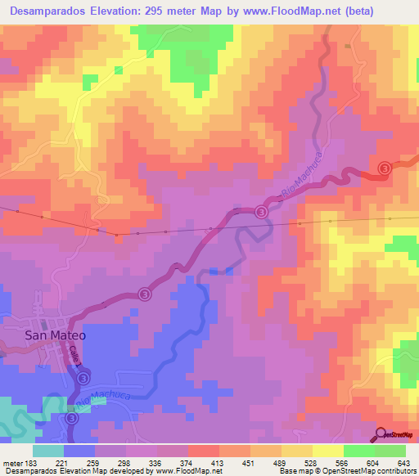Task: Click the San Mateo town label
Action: (56, 335)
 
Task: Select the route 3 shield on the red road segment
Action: (385, 168)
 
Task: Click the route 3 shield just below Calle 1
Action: (84, 378)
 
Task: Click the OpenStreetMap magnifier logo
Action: (381, 434)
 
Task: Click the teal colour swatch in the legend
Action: (48, 451)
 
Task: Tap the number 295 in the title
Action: (185, 11)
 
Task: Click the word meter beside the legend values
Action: (11, 463)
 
